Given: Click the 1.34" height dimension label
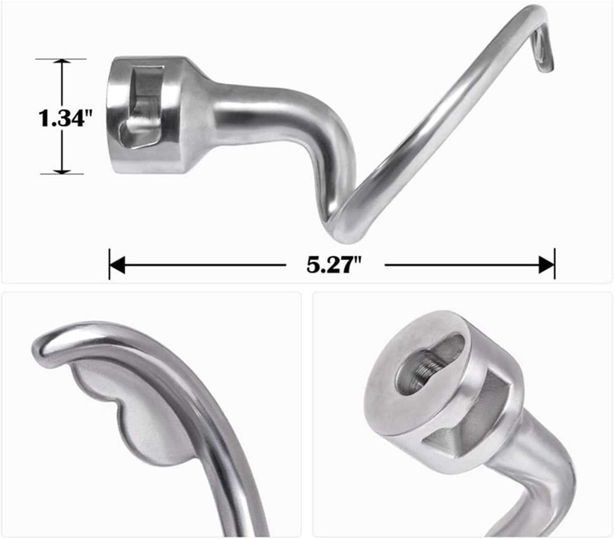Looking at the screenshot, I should pos(64,118).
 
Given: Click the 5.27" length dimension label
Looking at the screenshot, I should pos(334,265).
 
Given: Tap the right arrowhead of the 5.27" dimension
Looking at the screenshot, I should pos(546,265).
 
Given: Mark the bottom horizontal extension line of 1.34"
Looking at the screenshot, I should pos(62,174).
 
